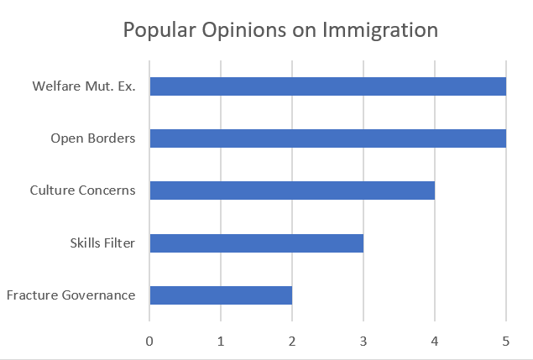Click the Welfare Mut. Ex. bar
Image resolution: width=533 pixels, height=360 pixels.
[x=327, y=86]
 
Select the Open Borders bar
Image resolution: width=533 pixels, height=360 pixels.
[x=327, y=138]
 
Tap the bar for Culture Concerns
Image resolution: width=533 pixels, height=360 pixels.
[x=292, y=190]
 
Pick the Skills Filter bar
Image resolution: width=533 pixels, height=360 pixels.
[x=256, y=243]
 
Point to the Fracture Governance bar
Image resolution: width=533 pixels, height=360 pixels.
[x=221, y=295]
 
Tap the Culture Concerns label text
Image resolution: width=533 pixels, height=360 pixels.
[x=82, y=190]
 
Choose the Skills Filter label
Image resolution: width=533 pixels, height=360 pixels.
[x=102, y=243]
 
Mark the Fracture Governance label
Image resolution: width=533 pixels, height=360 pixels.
[x=71, y=295]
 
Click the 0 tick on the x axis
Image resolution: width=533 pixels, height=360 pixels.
[x=149, y=341]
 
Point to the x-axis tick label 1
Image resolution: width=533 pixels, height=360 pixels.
[x=221, y=341]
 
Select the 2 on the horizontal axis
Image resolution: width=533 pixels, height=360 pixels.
[x=292, y=341]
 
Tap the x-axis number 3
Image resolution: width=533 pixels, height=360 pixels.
[x=363, y=341]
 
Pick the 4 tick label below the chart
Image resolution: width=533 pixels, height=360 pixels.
[x=435, y=341]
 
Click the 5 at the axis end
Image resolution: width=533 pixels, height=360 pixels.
[x=506, y=341]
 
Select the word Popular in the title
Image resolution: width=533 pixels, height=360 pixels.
[x=159, y=31]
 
